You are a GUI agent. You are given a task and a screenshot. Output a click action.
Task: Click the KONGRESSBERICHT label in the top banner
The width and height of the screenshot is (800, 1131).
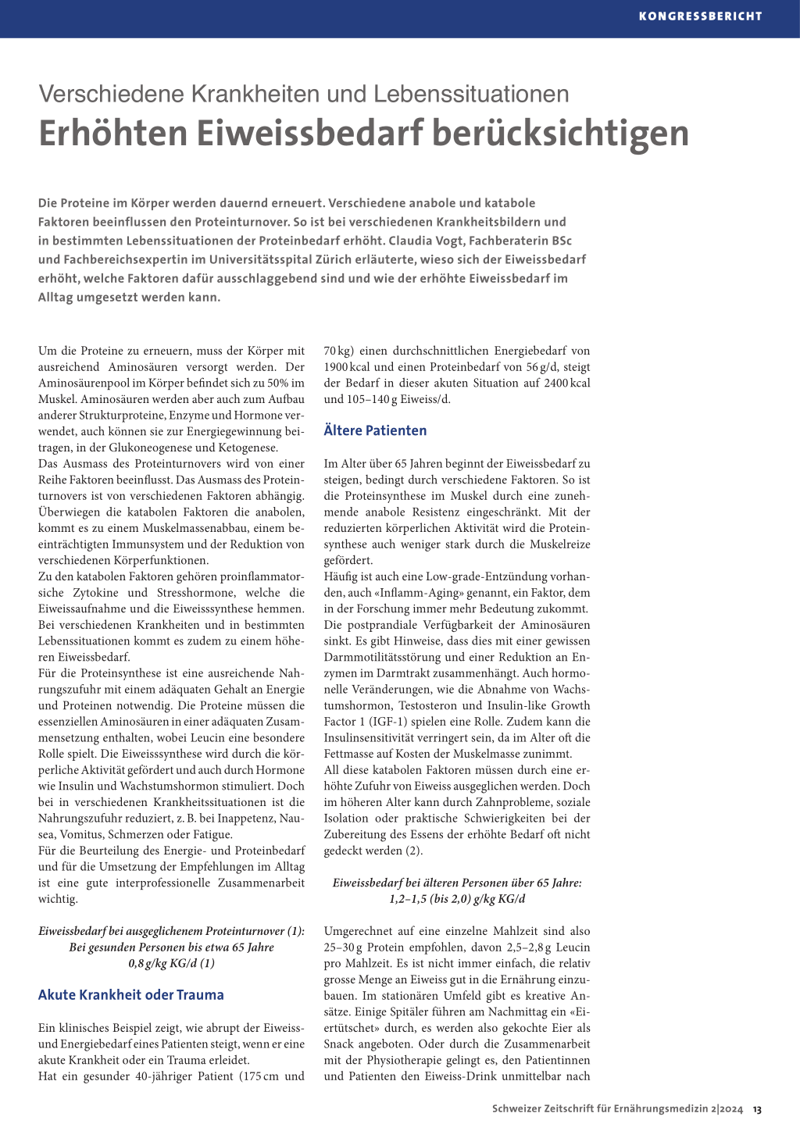pos(700,16)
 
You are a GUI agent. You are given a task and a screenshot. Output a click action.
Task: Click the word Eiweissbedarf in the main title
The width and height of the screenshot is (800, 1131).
pos(309,133)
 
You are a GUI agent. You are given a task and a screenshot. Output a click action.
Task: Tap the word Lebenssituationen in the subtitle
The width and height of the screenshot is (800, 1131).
pos(471,94)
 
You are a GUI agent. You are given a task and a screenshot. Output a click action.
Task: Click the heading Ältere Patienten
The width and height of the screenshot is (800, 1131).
pos(375,430)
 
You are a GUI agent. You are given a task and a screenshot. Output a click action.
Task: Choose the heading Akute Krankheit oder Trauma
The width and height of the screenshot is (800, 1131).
pos(130,995)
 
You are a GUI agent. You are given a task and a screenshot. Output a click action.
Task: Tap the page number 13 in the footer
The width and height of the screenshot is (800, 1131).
pos(757,1109)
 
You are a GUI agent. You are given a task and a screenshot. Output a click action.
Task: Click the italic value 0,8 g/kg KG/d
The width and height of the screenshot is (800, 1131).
pos(171,963)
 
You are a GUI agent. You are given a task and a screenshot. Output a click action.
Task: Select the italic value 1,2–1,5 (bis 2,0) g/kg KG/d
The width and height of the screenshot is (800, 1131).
pos(457,899)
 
